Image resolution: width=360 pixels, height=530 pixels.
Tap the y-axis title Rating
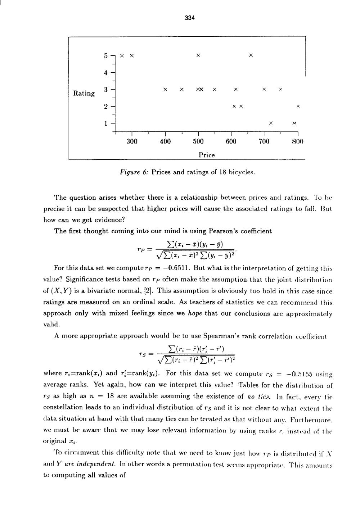(84, 93)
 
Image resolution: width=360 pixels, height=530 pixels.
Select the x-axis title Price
(207, 155)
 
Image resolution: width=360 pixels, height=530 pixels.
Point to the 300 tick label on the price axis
(132, 141)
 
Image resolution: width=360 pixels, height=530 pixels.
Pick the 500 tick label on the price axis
(198, 141)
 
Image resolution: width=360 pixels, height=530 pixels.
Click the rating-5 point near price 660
(251, 55)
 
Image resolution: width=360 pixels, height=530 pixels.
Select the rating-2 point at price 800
(298, 106)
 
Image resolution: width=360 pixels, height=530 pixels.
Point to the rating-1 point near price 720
(271, 123)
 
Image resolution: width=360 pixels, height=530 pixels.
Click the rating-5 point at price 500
(198, 55)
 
